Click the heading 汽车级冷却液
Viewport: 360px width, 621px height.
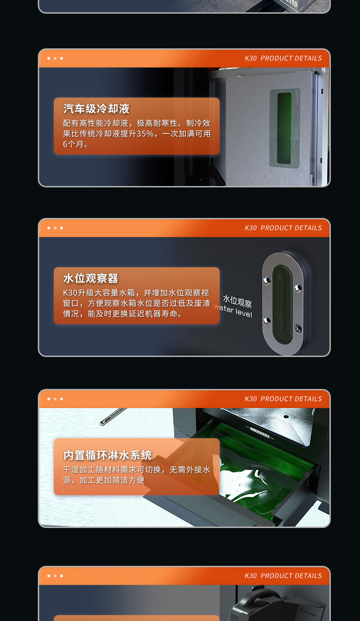97,109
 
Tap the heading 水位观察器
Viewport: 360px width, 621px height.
91,278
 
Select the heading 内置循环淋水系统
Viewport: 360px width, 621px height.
108,455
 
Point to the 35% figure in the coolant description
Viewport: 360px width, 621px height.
146,134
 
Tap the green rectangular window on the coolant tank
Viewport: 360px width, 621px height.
284,128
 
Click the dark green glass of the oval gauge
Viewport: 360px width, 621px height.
282,303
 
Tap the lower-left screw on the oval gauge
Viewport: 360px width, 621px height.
266,320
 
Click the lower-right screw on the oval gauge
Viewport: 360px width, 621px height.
298,327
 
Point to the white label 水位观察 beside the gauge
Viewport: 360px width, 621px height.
237,301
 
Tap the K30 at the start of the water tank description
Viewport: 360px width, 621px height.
71,293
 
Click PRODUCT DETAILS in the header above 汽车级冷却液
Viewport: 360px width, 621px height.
291,58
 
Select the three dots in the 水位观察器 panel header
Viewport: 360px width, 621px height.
55,228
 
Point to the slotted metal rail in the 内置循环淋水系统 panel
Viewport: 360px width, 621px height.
112,416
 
